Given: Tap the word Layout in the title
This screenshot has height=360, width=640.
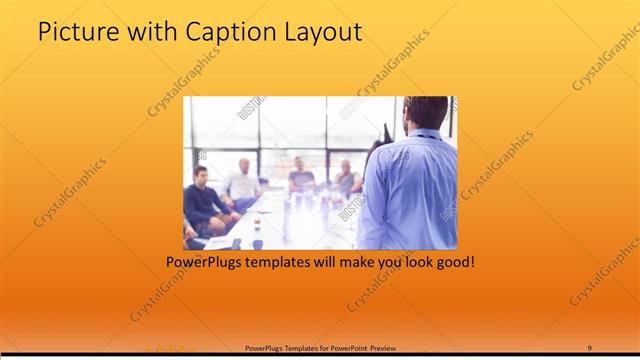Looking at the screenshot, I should (322, 32).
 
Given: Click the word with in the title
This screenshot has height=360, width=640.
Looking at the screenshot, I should (150, 32).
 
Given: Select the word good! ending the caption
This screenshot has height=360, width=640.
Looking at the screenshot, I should (451, 263).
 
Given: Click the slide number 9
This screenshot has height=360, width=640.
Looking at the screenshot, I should (589, 347).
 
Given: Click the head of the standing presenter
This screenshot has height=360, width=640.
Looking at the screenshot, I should (426, 112).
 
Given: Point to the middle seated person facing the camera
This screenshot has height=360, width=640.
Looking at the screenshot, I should (300, 177).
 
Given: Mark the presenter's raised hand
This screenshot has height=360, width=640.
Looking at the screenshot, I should (385, 135).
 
